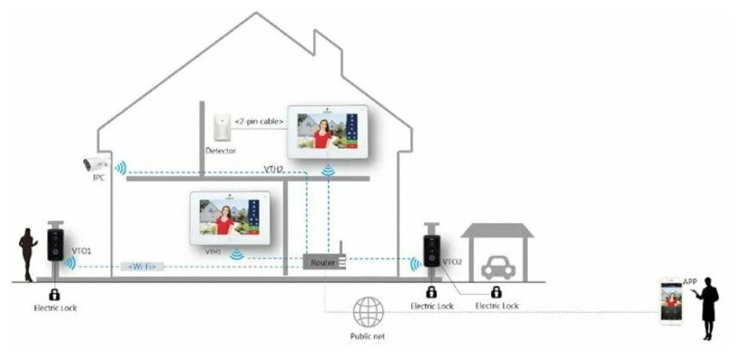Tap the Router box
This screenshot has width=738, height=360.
(320, 262)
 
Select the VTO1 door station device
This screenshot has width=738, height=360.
(55, 245)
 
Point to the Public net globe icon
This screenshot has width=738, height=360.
(367, 313)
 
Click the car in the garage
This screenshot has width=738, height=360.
(495, 265)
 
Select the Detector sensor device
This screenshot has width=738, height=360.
(220, 128)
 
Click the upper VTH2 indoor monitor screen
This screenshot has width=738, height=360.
(328, 130)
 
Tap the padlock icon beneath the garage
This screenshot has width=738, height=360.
(496, 292)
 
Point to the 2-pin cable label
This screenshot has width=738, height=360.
(259, 121)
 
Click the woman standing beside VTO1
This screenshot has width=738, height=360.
(27, 253)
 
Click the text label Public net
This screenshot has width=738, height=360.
(367, 337)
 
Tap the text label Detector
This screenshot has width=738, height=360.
(220, 151)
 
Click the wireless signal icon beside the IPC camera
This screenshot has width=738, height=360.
(121, 169)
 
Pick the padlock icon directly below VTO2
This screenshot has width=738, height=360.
(431, 292)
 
